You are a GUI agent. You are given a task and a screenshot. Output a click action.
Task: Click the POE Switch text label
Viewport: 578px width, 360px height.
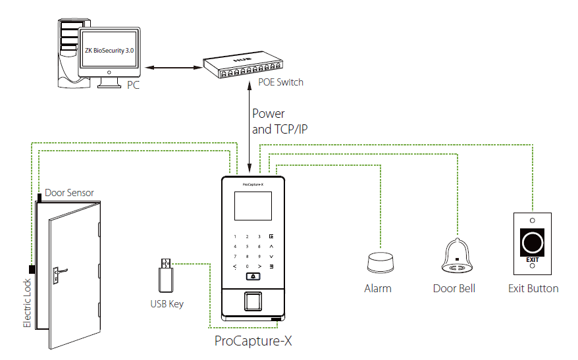point(281,83)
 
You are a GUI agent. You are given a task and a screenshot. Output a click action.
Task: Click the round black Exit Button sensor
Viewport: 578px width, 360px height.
point(533,243)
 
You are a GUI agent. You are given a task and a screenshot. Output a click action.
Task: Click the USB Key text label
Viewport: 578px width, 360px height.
point(167,304)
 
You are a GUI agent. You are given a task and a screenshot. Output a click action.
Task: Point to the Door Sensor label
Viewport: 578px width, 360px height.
point(69,193)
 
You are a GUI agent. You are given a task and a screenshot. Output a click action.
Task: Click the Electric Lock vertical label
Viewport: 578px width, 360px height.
point(28,303)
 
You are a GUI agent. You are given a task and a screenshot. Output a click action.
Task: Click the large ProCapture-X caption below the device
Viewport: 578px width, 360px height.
point(253,341)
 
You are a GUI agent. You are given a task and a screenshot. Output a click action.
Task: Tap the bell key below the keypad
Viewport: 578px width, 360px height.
point(253,277)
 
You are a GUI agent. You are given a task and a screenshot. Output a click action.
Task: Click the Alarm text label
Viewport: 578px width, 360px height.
point(378,288)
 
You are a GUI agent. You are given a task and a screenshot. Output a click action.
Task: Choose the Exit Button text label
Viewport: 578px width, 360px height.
point(533,288)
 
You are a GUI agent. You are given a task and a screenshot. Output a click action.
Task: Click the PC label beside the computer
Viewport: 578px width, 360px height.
point(133,86)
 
